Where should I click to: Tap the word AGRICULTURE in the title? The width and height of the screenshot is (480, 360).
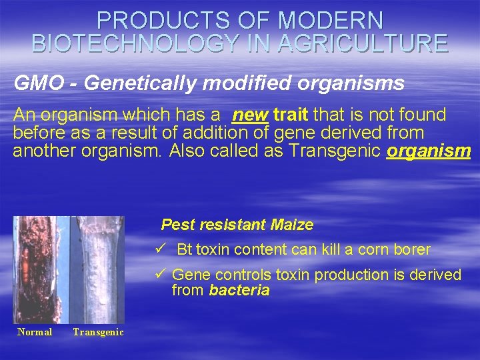click(363, 44)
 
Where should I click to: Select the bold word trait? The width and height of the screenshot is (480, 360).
click(291, 115)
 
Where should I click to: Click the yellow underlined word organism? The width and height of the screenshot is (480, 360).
click(429, 151)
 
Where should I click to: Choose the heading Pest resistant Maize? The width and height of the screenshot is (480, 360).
click(237, 225)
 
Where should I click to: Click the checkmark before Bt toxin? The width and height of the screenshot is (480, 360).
click(159, 249)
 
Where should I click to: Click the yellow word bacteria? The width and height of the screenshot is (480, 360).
click(239, 290)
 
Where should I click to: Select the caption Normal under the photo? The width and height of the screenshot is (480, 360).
click(35, 332)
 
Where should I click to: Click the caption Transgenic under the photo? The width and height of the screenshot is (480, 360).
click(98, 332)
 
